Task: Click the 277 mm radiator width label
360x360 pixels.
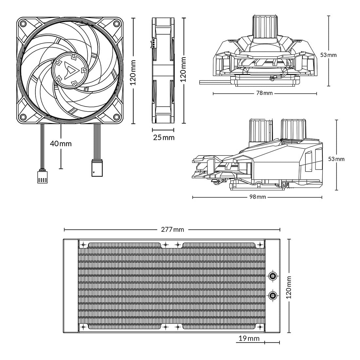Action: tap(172, 229)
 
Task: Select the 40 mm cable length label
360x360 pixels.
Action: tap(61, 143)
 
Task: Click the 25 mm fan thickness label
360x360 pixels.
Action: tap(164, 137)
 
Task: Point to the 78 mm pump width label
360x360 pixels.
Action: tap(264, 93)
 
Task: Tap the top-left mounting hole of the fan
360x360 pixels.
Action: tap(23, 24)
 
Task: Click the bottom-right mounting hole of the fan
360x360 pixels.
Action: tap(116, 117)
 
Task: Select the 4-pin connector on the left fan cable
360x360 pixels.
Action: tap(42, 176)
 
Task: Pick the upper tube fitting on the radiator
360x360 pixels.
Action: tap(272, 276)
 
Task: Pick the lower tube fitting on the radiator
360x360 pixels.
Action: tap(272, 296)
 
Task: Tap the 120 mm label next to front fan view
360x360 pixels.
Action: tap(133, 72)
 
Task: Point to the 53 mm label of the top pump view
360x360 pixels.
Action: tap(328, 55)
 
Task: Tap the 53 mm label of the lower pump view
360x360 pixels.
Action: tap(336, 159)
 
